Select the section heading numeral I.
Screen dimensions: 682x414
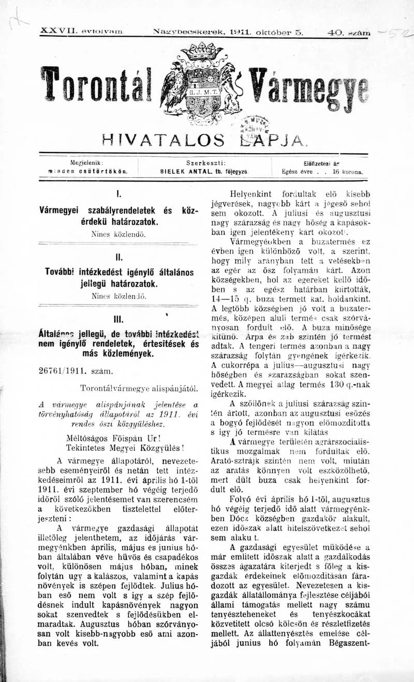point(119,195)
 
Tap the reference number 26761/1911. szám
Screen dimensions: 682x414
point(72,371)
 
